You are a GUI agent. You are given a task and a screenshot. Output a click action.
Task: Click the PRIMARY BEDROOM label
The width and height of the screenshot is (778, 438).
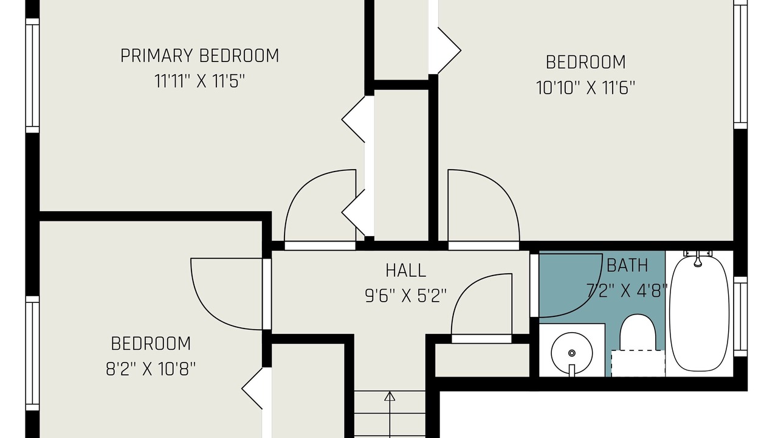200,55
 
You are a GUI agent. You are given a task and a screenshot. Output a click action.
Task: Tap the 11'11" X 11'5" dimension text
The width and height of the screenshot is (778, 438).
200,82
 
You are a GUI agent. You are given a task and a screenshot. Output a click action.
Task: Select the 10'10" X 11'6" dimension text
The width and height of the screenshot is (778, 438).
585,88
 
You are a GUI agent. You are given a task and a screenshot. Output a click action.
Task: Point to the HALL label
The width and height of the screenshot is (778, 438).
405,270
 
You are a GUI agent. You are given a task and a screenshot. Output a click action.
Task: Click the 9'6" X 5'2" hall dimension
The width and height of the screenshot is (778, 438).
405,296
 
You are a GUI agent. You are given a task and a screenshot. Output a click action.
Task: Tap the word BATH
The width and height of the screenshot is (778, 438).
627,266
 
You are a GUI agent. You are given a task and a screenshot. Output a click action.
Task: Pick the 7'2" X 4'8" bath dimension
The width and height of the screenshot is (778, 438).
627,291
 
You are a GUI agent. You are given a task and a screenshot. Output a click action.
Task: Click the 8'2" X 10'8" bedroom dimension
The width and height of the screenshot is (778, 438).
151,369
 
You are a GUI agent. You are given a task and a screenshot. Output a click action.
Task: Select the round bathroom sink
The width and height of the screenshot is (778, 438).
572,353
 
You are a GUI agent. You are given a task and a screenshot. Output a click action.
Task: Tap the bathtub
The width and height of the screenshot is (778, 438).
699,313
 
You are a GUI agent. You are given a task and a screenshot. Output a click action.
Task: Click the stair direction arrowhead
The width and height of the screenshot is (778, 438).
390,396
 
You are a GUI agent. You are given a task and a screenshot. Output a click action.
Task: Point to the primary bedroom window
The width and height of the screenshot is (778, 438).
32,75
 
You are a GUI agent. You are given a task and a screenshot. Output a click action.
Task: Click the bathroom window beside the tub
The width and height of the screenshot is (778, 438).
740,316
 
